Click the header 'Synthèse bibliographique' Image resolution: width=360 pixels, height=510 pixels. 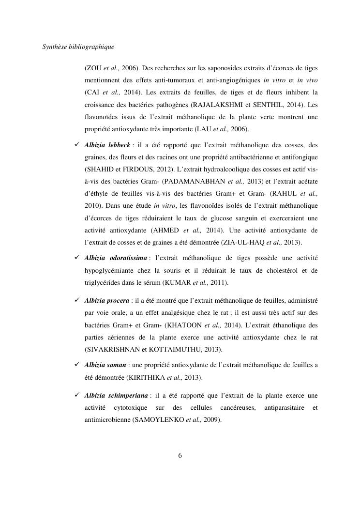click(x=78, y=47)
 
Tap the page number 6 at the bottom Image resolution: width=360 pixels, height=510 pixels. click(x=180, y=455)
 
